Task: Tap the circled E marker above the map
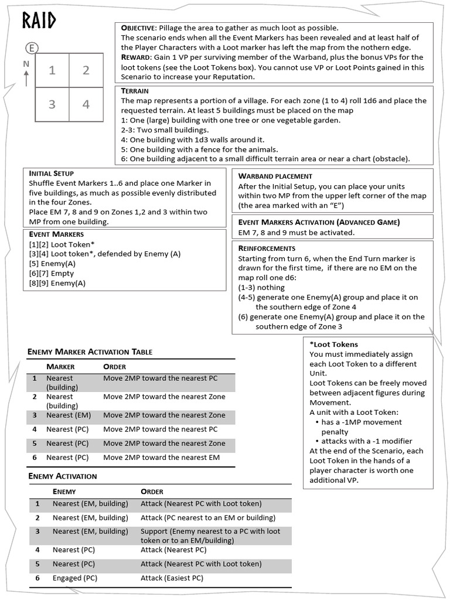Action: [32, 49]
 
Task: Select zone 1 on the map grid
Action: [52, 70]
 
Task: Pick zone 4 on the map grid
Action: [86, 104]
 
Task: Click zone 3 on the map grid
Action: [52, 104]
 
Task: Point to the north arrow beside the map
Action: [26, 70]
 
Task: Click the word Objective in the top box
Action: [138, 28]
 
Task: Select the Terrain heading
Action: [135, 91]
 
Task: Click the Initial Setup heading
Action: [52, 173]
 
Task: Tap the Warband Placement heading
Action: [275, 176]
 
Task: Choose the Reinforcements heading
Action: [267, 248]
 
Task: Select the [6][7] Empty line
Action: [52, 273]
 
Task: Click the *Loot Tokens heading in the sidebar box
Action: [333, 344]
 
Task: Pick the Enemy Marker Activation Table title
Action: [90, 352]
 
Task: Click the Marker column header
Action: [60, 367]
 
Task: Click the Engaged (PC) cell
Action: [75, 578]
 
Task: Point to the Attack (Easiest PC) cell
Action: [172, 578]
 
